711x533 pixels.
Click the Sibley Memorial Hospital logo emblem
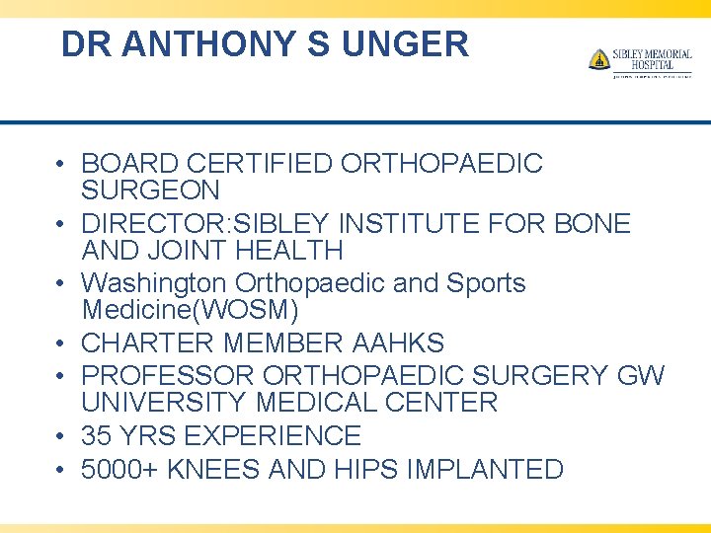[598, 60]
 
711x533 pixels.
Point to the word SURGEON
[150, 190]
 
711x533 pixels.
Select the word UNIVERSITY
[164, 403]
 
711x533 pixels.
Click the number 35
[97, 435]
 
